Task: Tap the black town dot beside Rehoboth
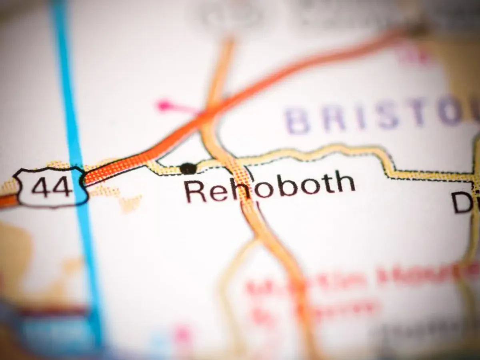click(188, 168)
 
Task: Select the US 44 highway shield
click(51, 187)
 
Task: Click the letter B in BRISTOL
click(297, 121)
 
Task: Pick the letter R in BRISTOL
click(332, 120)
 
